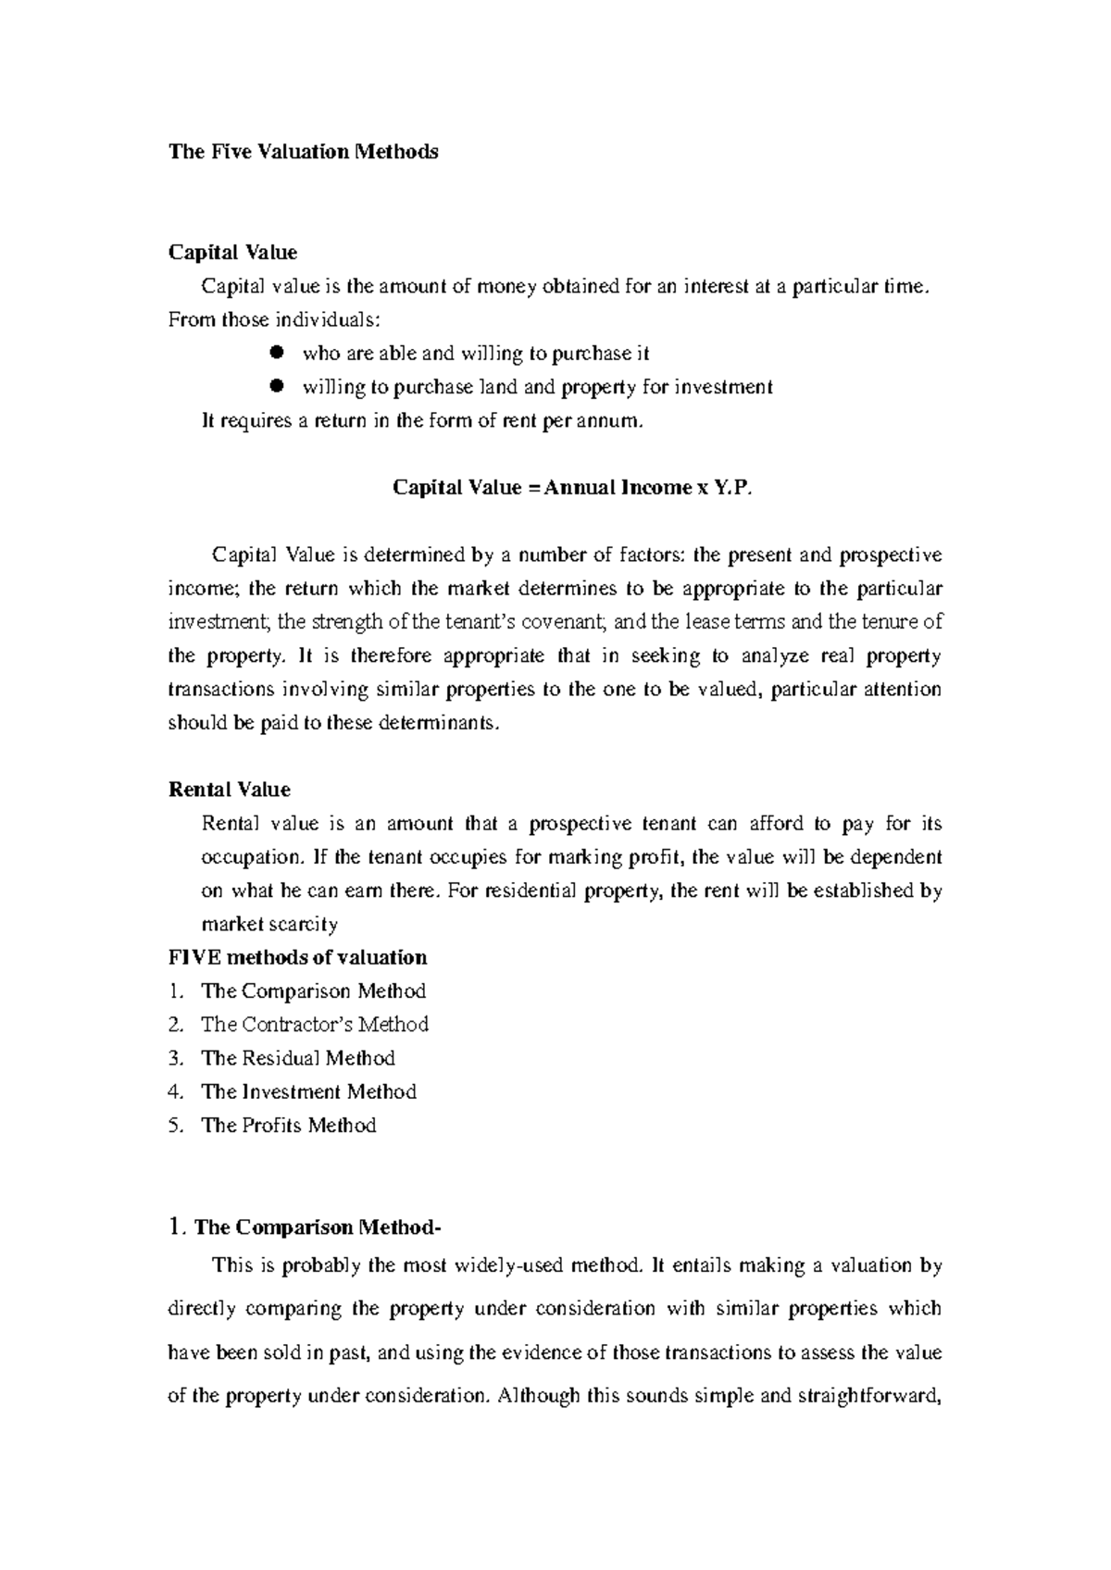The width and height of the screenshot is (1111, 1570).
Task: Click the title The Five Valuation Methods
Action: [x=303, y=152]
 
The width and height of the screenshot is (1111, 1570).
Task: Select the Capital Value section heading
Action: [x=231, y=253]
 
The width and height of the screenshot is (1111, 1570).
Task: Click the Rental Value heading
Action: [x=229, y=790]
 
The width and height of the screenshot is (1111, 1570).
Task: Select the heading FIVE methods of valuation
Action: [x=297, y=957]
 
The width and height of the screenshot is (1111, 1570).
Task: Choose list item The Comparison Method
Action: [x=313, y=991]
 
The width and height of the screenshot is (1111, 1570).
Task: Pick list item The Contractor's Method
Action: [x=315, y=1025]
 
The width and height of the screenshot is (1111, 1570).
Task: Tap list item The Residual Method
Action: [x=298, y=1058]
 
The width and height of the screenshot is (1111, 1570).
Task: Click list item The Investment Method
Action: [x=308, y=1092]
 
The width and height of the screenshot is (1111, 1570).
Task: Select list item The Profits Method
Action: [x=288, y=1126]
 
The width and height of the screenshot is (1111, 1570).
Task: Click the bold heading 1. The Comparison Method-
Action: [x=306, y=1227]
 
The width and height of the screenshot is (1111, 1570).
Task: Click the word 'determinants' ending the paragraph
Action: [x=439, y=723]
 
